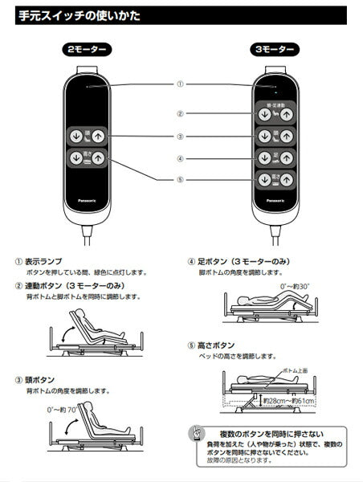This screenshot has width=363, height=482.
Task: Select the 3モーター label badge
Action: (x=274, y=50)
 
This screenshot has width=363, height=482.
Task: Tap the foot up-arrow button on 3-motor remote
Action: (x=286, y=158)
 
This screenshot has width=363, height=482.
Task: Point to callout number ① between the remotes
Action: (x=180, y=84)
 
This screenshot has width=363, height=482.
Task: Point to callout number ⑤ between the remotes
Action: (x=180, y=180)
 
